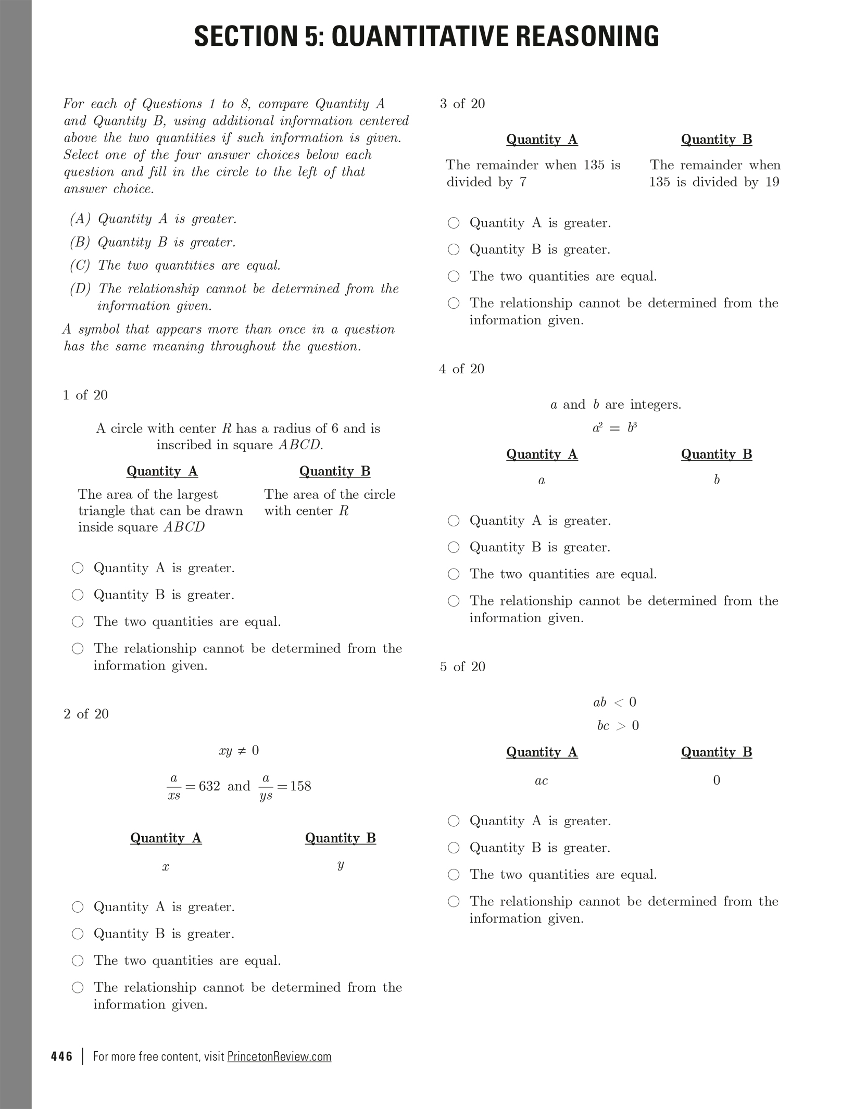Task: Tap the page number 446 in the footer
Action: coord(61,1056)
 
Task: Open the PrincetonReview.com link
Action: coord(279,1056)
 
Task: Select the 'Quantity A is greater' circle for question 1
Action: coord(78,568)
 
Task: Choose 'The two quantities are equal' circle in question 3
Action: coord(454,276)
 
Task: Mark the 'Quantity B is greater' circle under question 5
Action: coord(454,848)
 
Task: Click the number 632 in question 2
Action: coord(209,786)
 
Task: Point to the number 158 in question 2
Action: coord(300,786)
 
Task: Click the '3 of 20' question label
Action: coord(462,104)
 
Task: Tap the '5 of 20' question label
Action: coord(462,666)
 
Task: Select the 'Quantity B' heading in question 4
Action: coord(717,454)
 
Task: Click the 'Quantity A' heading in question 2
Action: coord(166,838)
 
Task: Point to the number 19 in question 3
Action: coord(772,182)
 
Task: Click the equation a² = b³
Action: coord(614,428)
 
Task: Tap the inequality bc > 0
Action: coord(618,725)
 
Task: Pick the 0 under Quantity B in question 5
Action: coord(717,780)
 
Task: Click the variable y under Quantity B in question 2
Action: coord(340,865)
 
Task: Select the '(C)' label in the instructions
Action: coord(80,266)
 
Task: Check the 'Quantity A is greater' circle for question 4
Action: coord(454,521)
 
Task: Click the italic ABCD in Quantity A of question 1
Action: coord(184,527)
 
